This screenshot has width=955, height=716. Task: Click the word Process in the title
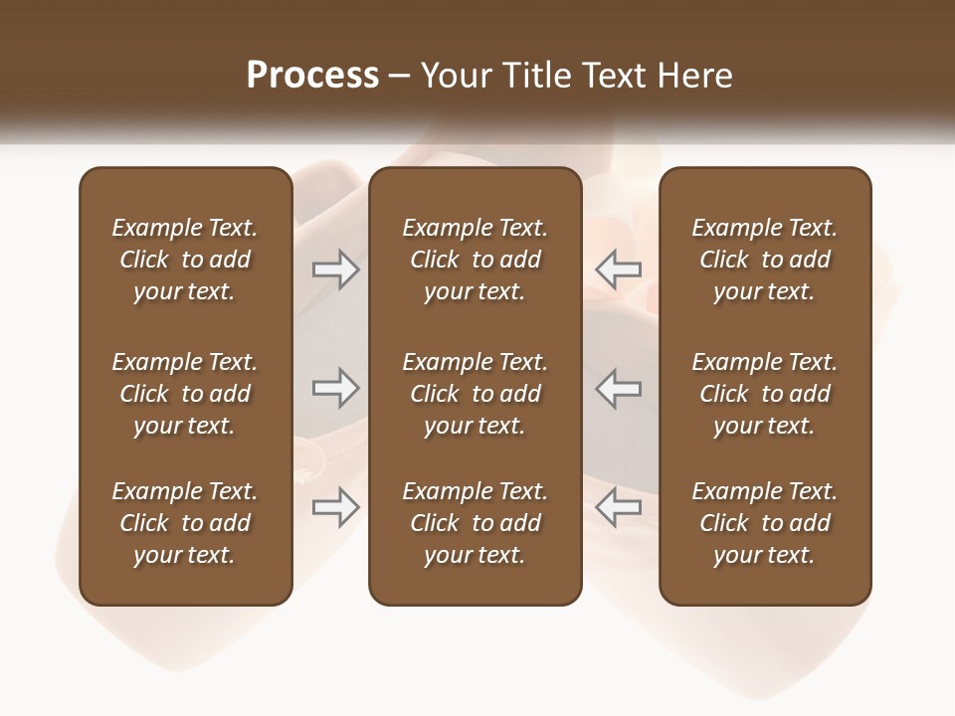(x=312, y=75)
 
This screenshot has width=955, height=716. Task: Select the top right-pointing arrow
(x=335, y=269)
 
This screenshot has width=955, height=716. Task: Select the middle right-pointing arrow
(x=335, y=388)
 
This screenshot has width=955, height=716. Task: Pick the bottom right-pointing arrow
(x=335, y=507)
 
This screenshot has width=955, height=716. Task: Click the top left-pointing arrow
(x=619, y=269)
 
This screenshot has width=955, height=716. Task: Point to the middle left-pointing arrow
(x=619, y=388)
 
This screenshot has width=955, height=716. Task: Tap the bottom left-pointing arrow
(x=619, y=507)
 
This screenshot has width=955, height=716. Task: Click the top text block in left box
(x=185, y=260)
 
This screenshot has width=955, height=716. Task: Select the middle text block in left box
(x=185, y=394)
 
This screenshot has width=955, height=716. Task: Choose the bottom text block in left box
(x=185, y=523)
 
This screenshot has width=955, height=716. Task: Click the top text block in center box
(x=475, y=260)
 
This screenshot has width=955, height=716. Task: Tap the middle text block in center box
(x=475, y=394)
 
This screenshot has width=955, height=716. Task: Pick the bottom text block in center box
(x=475, y=523)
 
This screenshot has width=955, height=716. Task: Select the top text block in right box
(x=765, y=260)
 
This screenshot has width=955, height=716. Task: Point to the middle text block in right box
(x=765, y=394)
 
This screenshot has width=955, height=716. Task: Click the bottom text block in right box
(x=765, y=523)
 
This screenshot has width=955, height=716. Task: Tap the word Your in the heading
(x=453, y=75)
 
